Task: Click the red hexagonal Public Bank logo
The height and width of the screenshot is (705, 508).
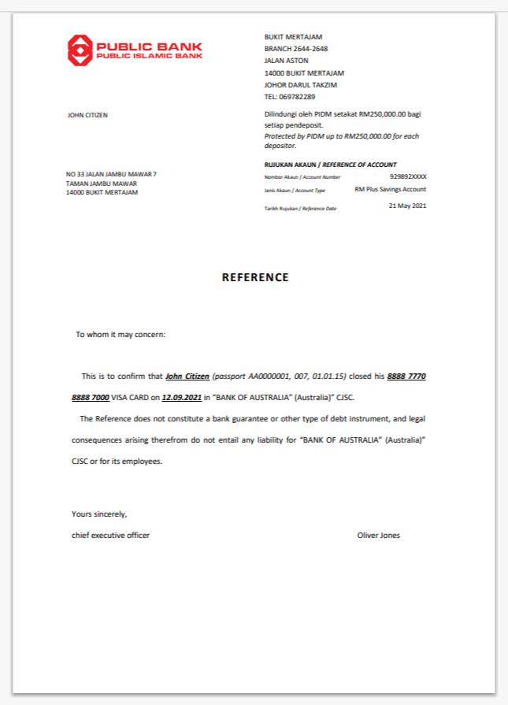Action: (x=80, y=50)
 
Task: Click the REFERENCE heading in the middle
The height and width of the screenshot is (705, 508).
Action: (x=255, y=277)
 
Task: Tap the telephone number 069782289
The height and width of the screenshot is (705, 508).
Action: (x=298, y=97)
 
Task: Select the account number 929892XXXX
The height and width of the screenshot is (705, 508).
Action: (x=407, y=177)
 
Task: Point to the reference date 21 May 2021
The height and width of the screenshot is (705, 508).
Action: (x=407, y=206)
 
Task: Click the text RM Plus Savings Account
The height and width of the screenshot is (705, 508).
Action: (x=390, y=190)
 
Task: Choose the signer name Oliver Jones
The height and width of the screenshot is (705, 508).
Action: (x=378, y=536)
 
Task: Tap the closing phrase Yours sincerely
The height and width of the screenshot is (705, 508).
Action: (x=99, y=514)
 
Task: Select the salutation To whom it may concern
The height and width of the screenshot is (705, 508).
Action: (x=121, y=335)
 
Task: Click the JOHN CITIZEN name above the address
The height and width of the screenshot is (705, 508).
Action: (x=87, y=115)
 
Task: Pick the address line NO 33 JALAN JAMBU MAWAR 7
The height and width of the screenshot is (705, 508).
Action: (x=111, y=174)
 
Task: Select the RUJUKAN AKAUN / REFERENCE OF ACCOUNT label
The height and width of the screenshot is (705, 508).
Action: (x=330, y=165)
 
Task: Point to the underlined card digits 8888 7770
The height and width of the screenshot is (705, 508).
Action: (x=406, y=377)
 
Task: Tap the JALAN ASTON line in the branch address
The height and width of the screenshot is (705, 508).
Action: (x=286, y=61)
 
